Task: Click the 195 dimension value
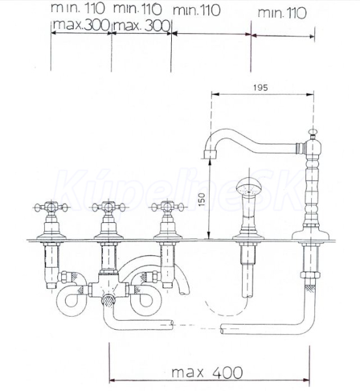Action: [260, 88]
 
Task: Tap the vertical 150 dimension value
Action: [202, 199]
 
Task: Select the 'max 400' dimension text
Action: [207, 373]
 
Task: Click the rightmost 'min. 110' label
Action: [282, 13]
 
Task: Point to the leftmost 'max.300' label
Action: [81, 25]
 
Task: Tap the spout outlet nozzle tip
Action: [210, 154]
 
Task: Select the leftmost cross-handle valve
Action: [51, 221]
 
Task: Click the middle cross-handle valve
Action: [108, 221]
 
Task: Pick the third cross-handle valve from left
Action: [168, 221]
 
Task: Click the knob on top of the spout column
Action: [312, 133]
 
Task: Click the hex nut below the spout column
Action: [311, 275]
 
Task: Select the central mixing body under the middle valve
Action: [108, 286]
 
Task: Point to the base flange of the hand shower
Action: [248, 237]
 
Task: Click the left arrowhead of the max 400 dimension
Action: [112, 381]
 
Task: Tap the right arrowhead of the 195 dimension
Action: [311, 94]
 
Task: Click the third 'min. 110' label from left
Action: [197, 10]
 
